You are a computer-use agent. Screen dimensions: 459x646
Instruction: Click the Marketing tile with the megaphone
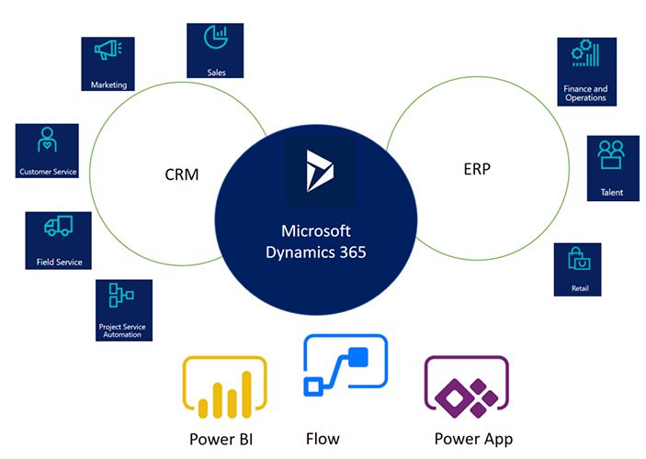[x=108, y=63]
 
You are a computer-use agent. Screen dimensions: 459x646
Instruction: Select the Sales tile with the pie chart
[x=215, y=50]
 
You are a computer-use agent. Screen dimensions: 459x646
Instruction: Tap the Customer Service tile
[x=48, y=151]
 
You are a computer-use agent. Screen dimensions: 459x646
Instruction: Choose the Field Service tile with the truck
[x=58, y=241]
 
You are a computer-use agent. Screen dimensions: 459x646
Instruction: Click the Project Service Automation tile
[x=123, y=310]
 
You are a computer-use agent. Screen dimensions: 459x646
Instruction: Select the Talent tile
[x=612, y=168]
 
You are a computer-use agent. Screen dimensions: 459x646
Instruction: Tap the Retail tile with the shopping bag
[x=578, y=269]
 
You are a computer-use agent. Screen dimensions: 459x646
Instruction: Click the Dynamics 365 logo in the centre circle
[x=320, y=172]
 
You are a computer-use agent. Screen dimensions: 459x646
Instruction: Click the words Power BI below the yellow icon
[x=221, y=439]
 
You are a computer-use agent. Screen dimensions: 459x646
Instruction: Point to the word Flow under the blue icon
[x=322, y=438]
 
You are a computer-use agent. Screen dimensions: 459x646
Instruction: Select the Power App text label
[x=473, y=439]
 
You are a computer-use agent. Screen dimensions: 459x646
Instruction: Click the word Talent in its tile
[x=612, y=193]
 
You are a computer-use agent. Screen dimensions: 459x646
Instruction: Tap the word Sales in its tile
[x=216, y=72]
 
